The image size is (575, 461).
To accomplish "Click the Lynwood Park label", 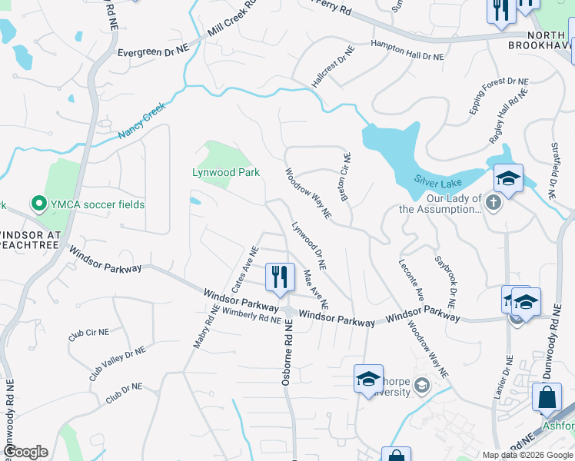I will click(225, 173).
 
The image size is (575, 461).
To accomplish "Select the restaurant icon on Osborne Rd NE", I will click(280, 277).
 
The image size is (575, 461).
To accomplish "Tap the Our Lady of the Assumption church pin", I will click(494, 202).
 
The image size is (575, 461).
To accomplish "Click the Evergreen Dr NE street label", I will click(153, 51).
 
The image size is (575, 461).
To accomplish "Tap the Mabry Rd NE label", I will click(202, 327).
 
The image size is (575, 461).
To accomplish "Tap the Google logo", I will click(25, 452).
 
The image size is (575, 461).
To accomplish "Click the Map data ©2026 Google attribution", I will click(528, 455).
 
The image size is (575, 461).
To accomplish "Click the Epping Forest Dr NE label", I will click(499, 96).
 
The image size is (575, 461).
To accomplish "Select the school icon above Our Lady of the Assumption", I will click(508, 179).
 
